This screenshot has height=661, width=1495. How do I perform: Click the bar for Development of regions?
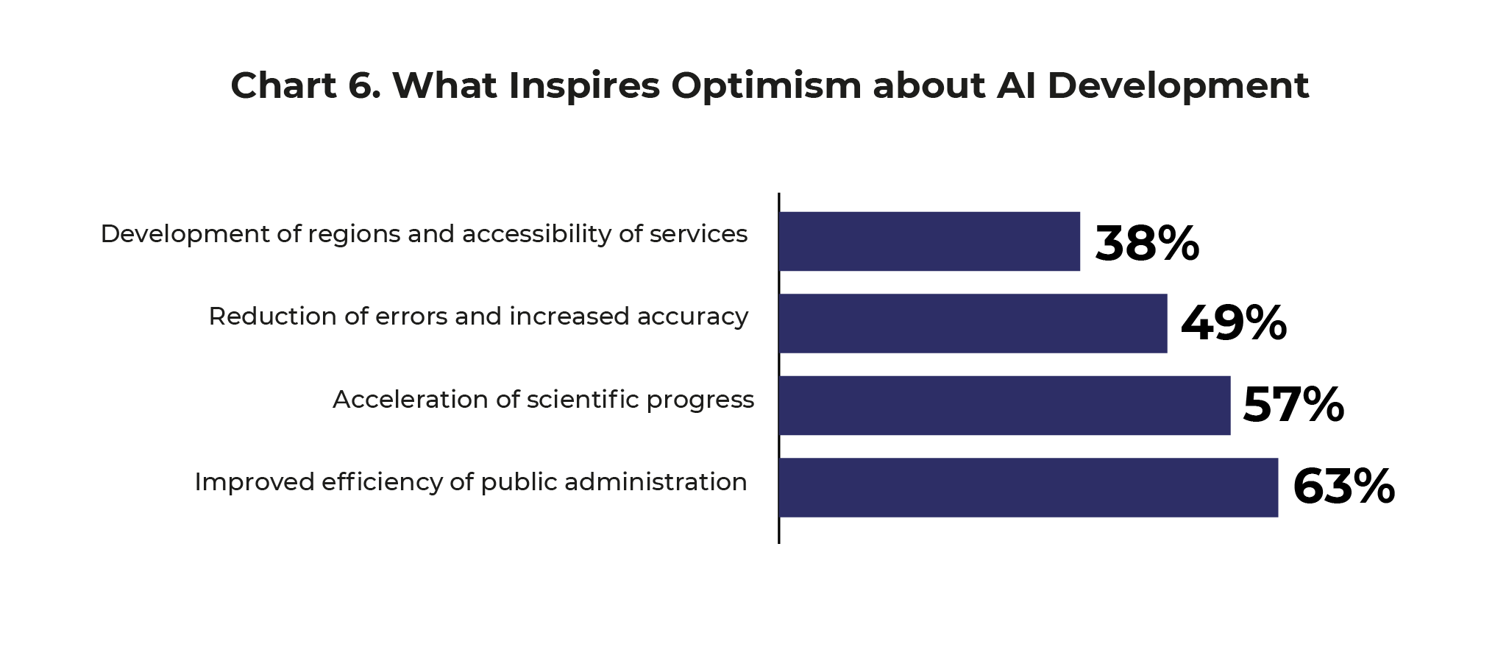click(x=929, y=241)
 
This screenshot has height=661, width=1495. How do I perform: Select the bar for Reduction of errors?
click(x=973, y=323)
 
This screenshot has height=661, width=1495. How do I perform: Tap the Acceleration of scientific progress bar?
click(x=1004, y=406)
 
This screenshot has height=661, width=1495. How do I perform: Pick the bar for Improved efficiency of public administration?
click(x=1028, y=487)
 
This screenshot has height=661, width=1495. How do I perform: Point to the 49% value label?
click(x=1233, y=323)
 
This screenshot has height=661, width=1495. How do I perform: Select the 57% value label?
click(x=1293, y=405)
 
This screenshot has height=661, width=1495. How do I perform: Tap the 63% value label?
click(x=1343, y=487)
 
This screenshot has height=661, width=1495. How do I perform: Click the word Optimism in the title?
click(x=766, y=86)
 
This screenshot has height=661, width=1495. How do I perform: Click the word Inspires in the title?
click(x=584, y=86)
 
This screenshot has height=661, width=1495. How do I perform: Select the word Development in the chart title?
click(x=1178, y=86)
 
